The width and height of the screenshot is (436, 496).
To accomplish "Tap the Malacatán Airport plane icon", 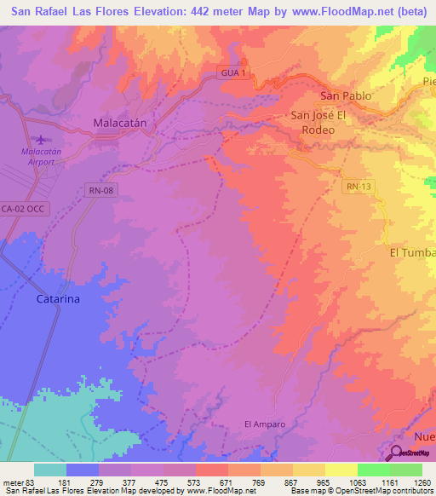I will (x=39, y=139).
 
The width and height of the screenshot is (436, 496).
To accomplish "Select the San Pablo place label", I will (x=345, y=96).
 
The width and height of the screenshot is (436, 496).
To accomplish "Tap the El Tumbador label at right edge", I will (x=412, y=253).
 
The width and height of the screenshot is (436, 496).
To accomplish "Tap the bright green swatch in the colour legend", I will (x=374, y=470).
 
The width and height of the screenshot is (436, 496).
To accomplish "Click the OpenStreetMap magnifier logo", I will (x=398, y=453).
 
